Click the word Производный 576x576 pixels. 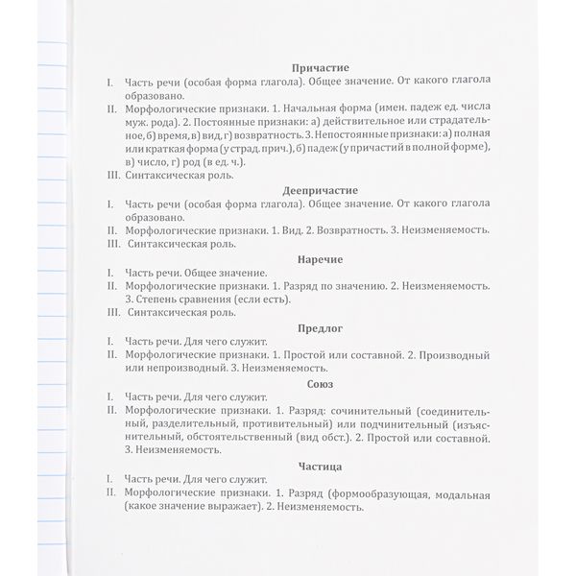coord(451,355)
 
